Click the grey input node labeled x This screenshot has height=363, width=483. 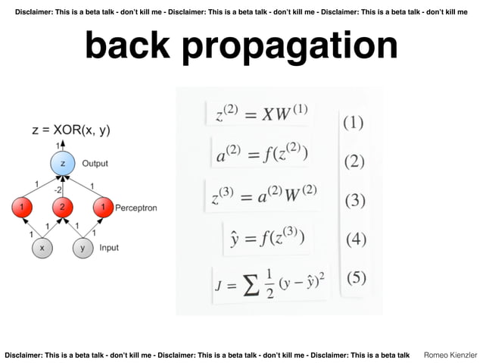[x=42, y=248]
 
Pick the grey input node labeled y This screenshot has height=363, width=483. [x=83, y=248]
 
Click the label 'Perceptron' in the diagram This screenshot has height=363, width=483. [x=136, y=208]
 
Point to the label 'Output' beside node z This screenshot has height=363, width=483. [x=95, y=163]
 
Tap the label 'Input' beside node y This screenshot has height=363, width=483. [x=109, y=248]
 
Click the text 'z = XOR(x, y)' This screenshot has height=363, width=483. [x=70, y=130]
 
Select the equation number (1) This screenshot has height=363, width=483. [x=354, y=122]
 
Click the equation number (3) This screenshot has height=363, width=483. [x=355, y=201]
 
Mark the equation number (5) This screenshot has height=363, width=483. [x=356, y=277]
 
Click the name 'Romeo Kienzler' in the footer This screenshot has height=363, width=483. [x=450, y=355]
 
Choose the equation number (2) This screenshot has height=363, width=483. [x=354, y=161]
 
